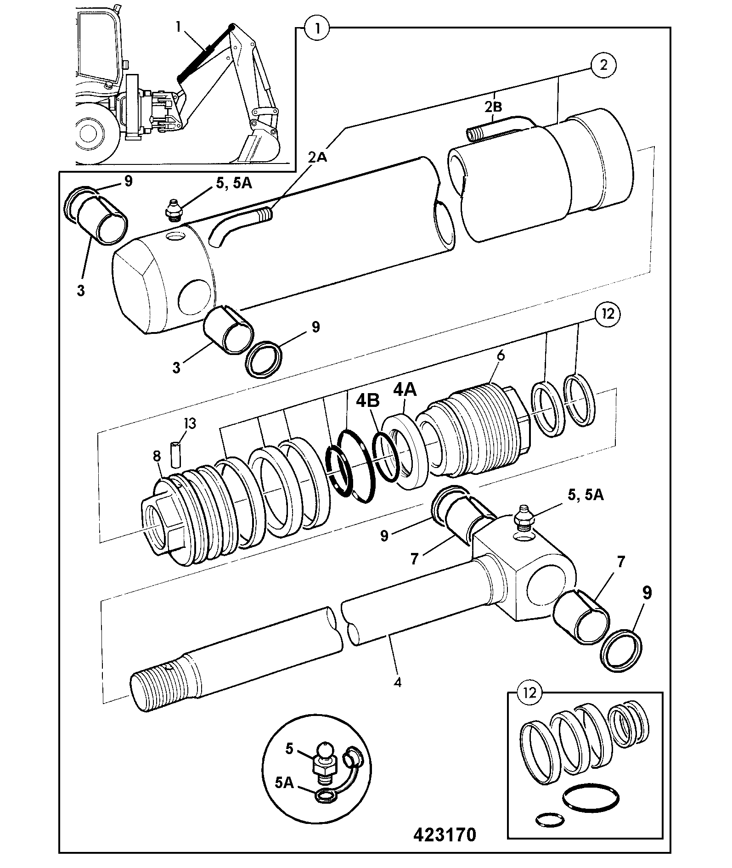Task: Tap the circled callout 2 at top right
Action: click(603, 66)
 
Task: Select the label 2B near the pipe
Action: click(493, 107)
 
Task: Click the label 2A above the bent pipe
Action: click(318, 158)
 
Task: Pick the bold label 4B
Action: click(368, 401)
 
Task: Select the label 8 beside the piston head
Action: click(157, 456)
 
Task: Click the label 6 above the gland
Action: click(501, 355)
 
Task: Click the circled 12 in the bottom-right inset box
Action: click(529, 705)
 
